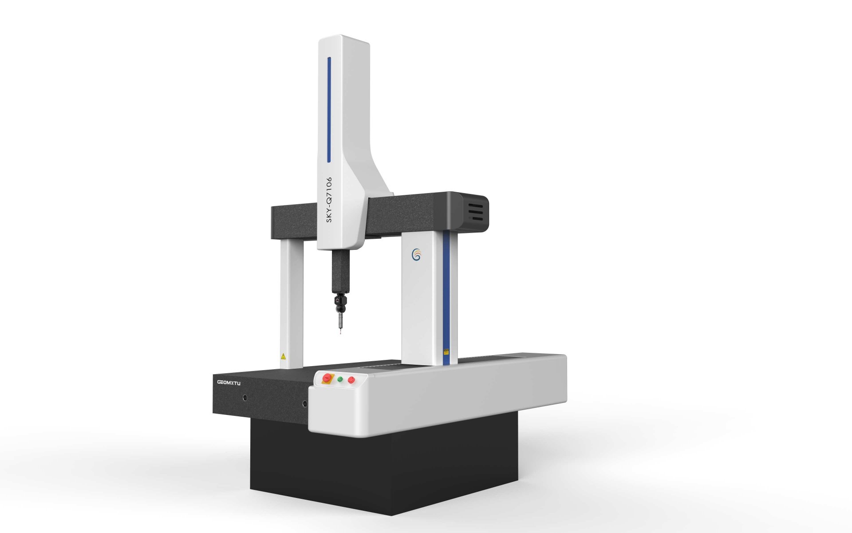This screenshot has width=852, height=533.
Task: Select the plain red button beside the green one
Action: click(x=351, y=379)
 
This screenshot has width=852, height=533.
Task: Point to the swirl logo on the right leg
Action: click(x=416, y=255)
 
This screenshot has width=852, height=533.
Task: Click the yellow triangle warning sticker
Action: click(x=283, y=356)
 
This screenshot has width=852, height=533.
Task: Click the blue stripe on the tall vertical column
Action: click(x=329, y=109)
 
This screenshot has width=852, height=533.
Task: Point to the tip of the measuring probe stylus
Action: click(x=340, y=332)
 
